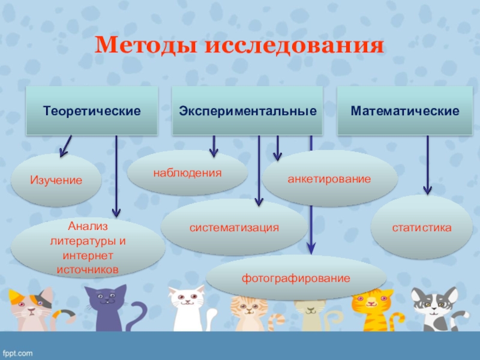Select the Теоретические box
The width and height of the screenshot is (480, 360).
point(91,111)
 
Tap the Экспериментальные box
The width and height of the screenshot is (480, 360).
point(247,111)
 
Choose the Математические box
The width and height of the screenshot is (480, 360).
point(405,111)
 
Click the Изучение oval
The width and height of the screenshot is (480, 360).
point(57,179)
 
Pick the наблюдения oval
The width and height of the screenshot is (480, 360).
point(187,173)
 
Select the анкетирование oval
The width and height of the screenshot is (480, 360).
point(329,179)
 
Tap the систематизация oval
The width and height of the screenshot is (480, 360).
point(235,227)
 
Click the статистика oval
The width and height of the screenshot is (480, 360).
point(421,227)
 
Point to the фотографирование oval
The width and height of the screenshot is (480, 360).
point(296,278)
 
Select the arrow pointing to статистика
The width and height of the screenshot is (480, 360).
point(427,165)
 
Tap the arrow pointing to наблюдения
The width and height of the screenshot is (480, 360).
point(214,146)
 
